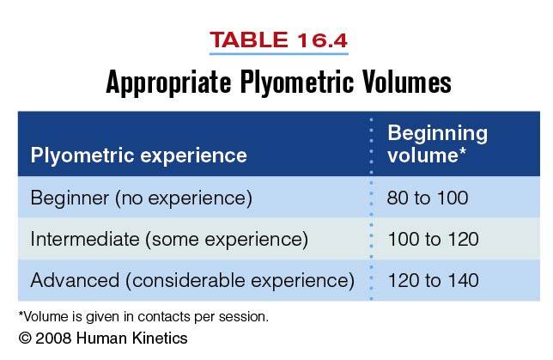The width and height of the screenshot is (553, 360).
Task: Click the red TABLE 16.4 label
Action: coord(277,40)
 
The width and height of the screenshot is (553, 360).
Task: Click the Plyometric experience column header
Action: coord(138,156)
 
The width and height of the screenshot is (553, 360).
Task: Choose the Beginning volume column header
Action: coord(437,144)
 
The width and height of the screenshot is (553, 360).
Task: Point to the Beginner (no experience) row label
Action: coord(141,198)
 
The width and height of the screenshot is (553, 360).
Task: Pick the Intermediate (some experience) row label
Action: coord(168,239)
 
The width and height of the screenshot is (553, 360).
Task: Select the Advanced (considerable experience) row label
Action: coord(192,279)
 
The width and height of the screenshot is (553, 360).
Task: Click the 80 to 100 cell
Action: coord(428,198)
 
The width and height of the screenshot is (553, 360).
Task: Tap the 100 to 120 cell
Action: coord(433,239)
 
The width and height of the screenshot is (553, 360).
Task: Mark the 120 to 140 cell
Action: coord(433,279)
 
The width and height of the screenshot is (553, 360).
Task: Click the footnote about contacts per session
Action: coord(143,316)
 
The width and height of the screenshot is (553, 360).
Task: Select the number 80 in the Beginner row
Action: coord(398,198)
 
